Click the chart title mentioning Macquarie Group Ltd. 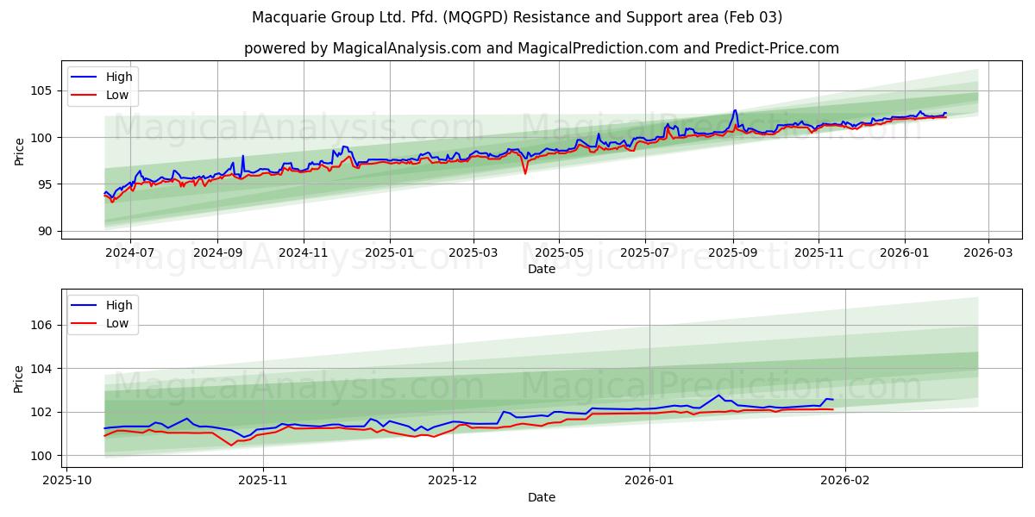[x=517, y=17]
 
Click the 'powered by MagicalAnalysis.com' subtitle [x=541, y=48]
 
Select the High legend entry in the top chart [x=118, y=77]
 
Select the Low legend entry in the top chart [x=116, y=95]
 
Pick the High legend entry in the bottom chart [x=118, y=305]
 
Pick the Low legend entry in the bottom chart [x=116, y=323]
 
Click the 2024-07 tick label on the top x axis [x=130, y=252]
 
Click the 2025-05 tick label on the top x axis [x=559, y=252]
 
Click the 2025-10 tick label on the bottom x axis [x=66, y=481]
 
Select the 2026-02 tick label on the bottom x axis [x=845, y=481]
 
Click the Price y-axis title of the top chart [x=19, y=152]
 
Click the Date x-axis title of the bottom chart [x=541, y=497]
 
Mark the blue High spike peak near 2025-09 [x=735, y=110]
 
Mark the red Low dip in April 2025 [x=525, y=173]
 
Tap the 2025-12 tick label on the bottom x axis [x=453, y=481]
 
